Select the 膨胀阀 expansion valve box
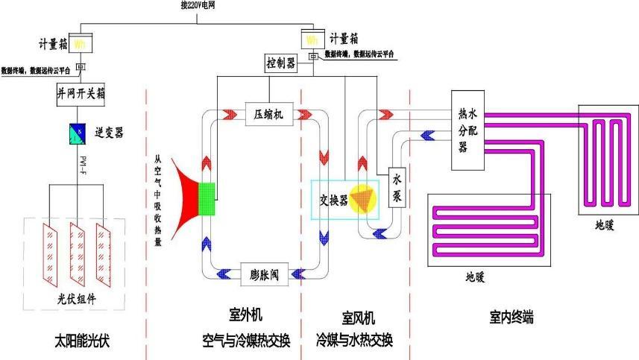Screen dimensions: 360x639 pyautogui.click(x=264, y=274)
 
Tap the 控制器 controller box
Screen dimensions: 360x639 pyautogui.click(x=281, y=63)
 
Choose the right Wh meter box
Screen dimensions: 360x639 pyautogui.click(x=312, y=38)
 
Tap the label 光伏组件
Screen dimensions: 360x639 pyautogui.click(x=78, y=299)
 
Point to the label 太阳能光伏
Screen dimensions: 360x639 pyautogui.click(x=87, y=341)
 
